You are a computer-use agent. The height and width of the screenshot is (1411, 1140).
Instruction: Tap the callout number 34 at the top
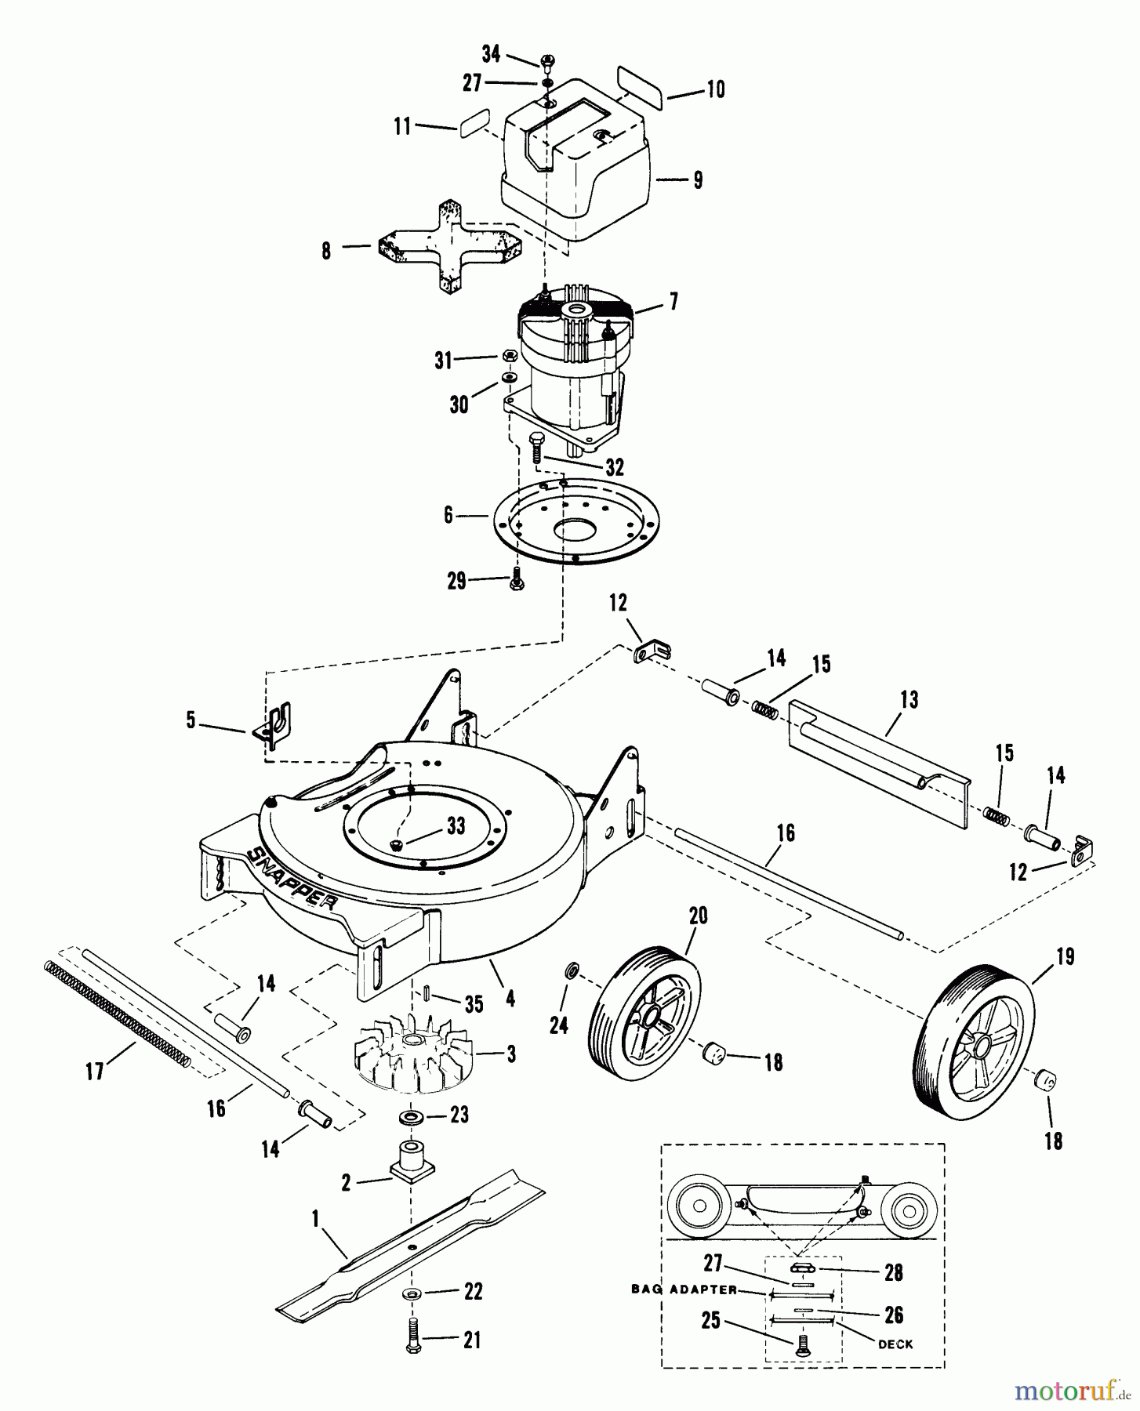pos(491,54)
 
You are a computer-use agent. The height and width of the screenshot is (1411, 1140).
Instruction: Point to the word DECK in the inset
pos(895,1344)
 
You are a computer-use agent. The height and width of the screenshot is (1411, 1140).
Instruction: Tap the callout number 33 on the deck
pos(456,825)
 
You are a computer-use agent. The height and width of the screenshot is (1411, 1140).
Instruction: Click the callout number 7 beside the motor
pos(673,301)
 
